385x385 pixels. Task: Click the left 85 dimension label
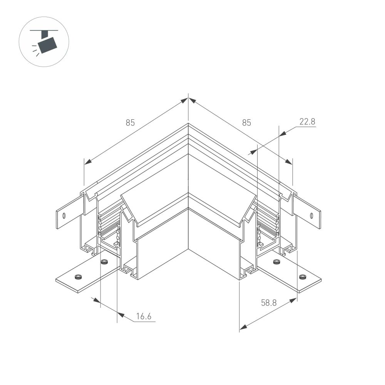pyautogui.click(x=130, y=123)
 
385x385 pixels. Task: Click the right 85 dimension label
pyautogui.click(x=246, y=123)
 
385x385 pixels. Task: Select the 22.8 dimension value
pyautogui.click(x=307, y=122)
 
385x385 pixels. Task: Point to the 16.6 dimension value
pyautogui.click(x=144, y=317)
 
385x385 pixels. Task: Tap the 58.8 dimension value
pyautogui.click(x=269, y=303)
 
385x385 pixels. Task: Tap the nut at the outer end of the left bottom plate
pyautogui.click(x=78, y=276)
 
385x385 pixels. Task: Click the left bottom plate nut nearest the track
pyautogui.click(x=103, y=262)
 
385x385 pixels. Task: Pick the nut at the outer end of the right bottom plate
pyautogui.click(x=303, y=276)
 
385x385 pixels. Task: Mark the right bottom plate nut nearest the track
pyautogui.click(x=276, y=262)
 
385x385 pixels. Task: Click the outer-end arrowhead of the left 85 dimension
pyautogui.click(x=88, y=162)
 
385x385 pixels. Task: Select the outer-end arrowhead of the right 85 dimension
pyautogui.click(x=288, y=162)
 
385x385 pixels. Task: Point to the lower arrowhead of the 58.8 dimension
pyautogui.click(x=243, y=328)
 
